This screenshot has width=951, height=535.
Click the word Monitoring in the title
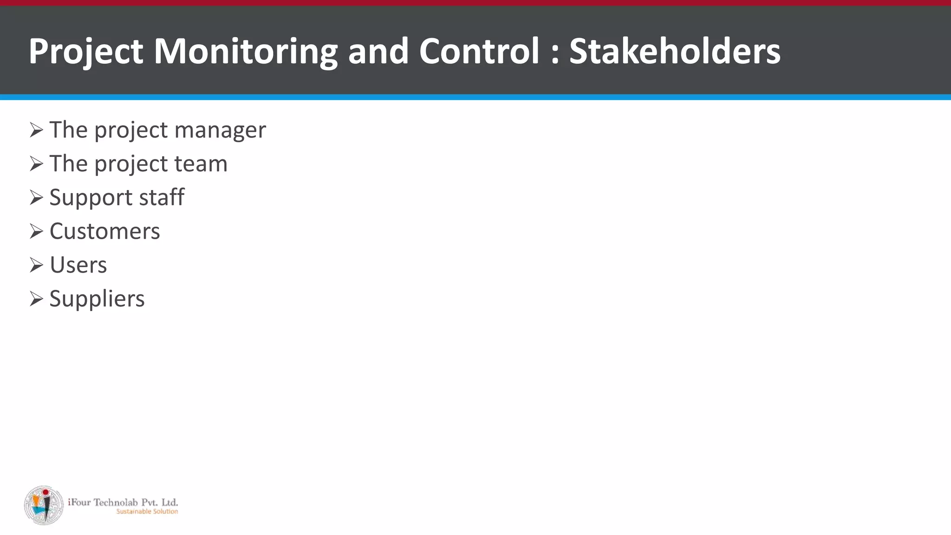point(245,51)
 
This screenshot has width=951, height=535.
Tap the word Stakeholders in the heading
point(675,51)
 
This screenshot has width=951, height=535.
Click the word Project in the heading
point(86,51)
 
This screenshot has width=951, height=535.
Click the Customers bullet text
point(104,231)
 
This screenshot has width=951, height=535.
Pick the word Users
point(78,265)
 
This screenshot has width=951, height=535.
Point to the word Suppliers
point(97,299)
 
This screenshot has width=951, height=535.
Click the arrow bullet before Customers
point(36,231)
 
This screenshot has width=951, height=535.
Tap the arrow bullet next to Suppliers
point(36,299)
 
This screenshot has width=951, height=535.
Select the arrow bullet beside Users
point(36,265)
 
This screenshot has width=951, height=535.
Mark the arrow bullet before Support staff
point(36,197)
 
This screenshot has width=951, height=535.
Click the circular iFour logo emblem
point(44,505)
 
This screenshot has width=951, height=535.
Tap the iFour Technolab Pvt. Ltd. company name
point(123,502)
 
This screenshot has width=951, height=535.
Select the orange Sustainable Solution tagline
point(147,511)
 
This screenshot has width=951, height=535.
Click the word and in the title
point(378,51)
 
